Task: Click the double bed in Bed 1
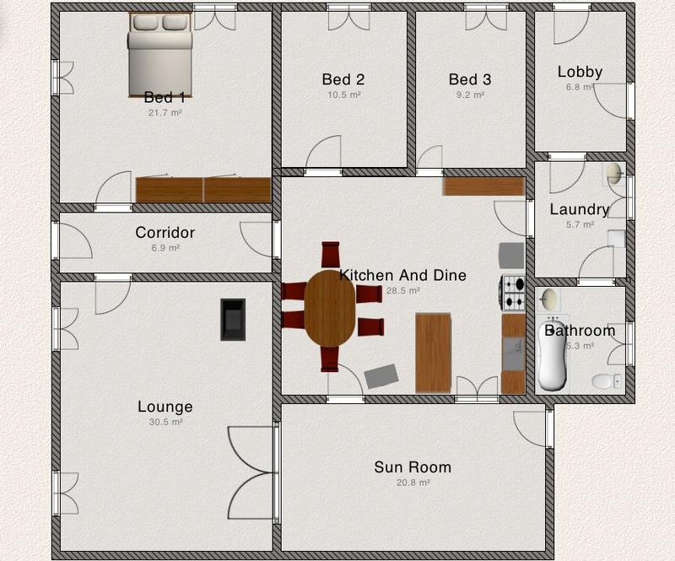point(159,55)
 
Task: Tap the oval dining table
point(330,308)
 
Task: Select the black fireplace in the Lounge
point(234,320)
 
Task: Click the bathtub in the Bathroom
point(553,354)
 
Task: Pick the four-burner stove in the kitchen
point(513,293)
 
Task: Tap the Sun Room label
point(413,467)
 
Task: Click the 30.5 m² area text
point(165,422)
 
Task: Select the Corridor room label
point(165,233)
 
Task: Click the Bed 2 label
point(343,79)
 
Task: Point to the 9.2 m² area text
point(470,94)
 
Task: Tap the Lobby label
point(580,72)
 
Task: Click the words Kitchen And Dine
point(402,275)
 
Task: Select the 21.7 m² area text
point(165,112)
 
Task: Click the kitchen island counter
point(433,353)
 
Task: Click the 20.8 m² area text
point(413,483)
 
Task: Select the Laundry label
point(580,210)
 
